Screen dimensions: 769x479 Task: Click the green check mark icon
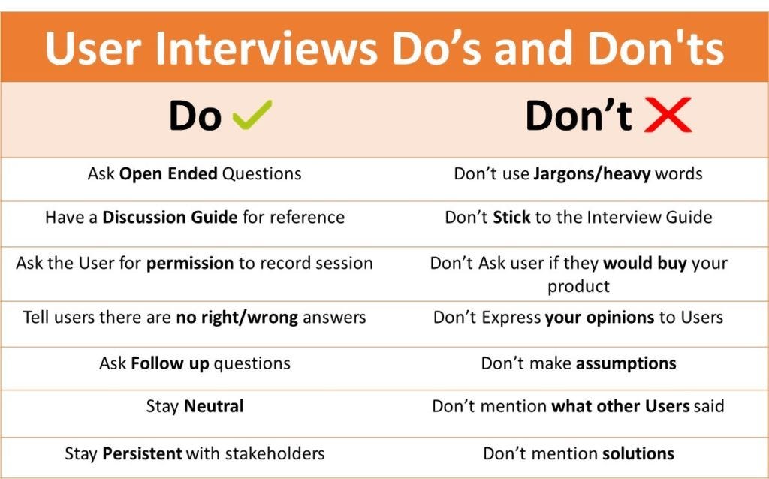pos(252,114)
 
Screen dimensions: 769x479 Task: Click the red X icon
pos(668,115)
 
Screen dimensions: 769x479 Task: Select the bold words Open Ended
pos(168,174)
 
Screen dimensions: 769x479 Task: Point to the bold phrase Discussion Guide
pos(170,217)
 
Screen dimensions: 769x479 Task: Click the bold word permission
pos(190,264)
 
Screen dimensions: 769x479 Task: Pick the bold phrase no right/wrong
pos(237,318)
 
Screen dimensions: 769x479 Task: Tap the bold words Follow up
pos(170,364)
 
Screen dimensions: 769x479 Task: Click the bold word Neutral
pos(214,406)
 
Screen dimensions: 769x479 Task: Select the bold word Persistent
pos(142,453)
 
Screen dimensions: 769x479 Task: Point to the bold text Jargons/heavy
pos(592,174)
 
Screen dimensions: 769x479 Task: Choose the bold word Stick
pos(511,217)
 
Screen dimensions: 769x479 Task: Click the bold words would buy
pos(644,264)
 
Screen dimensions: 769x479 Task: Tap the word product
pos(578,286)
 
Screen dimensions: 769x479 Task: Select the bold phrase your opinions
pos(599,318)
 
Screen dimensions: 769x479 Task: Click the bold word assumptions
pos(626,364)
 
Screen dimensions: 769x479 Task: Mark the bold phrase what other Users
pos(620,406)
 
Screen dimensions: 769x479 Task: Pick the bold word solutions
pos(638,453)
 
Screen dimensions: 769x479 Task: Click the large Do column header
pos(195,116)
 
